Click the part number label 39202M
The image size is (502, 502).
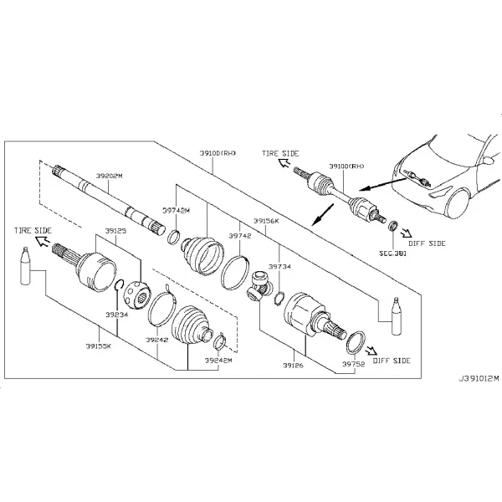pos(109,176)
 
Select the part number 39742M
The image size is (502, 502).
pos(176,211)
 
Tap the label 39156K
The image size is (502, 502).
pos(266,221)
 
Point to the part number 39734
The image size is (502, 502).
pos(279,266)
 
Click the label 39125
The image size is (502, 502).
pos(116,231)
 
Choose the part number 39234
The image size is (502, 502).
pos(117,315)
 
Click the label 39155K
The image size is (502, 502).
pos(99,346)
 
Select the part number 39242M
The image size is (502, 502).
pos(218,360)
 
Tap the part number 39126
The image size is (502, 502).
pos(293,366)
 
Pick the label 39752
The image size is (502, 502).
pos(353,364)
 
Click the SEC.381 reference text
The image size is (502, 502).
pos(393,254)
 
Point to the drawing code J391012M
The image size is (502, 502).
pos(479,379)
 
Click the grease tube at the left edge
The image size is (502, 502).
pos(25,266)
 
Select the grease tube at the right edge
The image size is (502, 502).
pos(396,316)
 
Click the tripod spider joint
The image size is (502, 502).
pos(259,286)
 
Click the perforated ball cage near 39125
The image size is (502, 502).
pos(136,295)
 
